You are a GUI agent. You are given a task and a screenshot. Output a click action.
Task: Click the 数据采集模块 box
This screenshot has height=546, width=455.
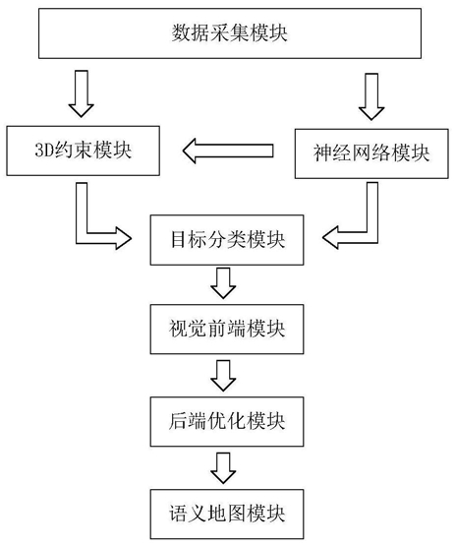pos(230,33)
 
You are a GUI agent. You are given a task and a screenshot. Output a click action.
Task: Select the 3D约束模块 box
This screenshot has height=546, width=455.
pos(84,151)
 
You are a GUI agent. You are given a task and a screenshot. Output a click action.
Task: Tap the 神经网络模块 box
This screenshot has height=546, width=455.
pos(371,153)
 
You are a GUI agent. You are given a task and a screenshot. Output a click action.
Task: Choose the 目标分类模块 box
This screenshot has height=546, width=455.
pos(227,240)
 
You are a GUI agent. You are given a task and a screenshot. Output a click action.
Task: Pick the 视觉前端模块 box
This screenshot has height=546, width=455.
pos(227,329)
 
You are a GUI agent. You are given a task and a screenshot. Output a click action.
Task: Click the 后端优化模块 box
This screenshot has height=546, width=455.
pos(227,421)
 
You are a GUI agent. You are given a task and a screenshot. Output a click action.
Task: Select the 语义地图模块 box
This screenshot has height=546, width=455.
pos(227,514)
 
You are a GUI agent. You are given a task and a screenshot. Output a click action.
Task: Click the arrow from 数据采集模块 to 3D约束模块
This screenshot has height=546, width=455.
pos(81,93)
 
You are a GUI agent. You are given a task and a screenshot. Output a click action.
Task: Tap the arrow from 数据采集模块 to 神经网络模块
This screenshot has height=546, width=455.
pos(371,96)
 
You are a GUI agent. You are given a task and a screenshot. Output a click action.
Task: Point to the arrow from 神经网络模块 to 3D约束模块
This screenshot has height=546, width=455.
pos(228,151)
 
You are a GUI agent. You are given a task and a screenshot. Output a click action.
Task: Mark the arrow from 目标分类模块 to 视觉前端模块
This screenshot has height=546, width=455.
pos(223,283)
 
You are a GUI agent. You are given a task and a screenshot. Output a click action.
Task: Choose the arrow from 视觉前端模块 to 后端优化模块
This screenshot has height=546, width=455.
pos(223,376)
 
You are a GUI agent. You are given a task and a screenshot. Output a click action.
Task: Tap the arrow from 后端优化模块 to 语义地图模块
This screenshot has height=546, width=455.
pos(223,468)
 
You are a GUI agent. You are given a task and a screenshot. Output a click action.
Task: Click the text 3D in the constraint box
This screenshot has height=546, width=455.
pos(44,151)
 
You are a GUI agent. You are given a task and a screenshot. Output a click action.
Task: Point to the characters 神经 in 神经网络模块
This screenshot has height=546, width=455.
pos(332,153)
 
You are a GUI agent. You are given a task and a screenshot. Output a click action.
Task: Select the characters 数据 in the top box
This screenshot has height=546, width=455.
pos(190,33)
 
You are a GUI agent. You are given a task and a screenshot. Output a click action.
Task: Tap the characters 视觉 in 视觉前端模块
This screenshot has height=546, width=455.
pos(188,329)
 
